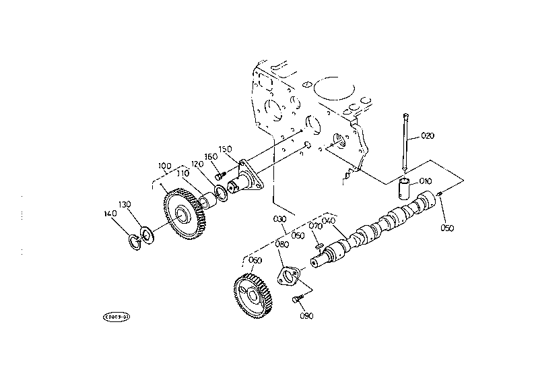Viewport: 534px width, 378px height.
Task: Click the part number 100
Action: [x=164, y=166]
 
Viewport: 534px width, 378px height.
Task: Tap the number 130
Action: [x=125, y=204]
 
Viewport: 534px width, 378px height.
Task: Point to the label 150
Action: [x=226, y=149]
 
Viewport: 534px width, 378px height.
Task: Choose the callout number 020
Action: [x=428, y=135]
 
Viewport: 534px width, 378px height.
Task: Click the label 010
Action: [x=425, y=181]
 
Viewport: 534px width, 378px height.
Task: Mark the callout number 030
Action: [x=279, y=220]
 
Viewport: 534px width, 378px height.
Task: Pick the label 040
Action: [x=329, y=220]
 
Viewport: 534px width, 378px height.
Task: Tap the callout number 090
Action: [x=306, y=315]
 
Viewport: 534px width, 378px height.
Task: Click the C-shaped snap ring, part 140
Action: [x=133, y=241]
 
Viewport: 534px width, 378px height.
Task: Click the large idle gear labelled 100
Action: [x=183, y=215]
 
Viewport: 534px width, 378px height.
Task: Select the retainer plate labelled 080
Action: [x=290, y=277]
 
